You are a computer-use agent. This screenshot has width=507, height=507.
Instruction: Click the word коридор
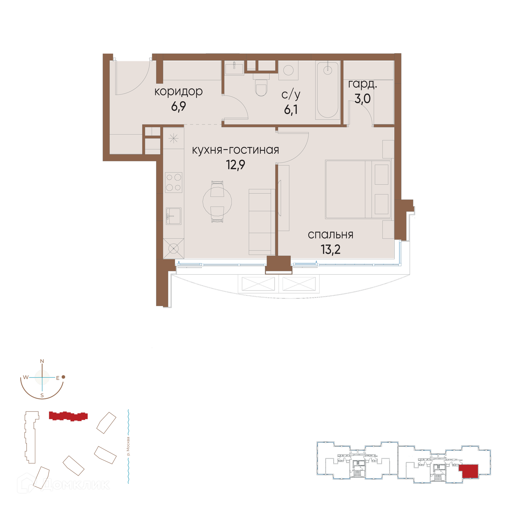click(x=179, y=91)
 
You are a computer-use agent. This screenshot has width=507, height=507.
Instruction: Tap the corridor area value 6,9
click(x=179, y=106)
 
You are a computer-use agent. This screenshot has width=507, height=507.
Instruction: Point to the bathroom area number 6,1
click(x=291, y=109)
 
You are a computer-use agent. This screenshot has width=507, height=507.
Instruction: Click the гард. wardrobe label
click(x=363, y=84)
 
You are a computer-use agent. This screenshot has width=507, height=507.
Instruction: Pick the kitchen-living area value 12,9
click(x=236, y=165)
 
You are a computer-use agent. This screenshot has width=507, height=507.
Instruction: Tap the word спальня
click(x=330, y=234)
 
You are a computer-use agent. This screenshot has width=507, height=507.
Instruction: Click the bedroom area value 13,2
click(x=330, y=249)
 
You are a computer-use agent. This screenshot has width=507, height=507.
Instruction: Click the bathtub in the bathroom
click(x=328, y=90)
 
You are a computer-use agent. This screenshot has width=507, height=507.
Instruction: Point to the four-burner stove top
click(x=173, y=182)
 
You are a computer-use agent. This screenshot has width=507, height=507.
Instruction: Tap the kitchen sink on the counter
click(x=173, y=216)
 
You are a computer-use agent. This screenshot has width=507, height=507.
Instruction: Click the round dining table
click(x=217, y=201)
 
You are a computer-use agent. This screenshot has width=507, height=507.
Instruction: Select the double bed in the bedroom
click(x=358, y=189)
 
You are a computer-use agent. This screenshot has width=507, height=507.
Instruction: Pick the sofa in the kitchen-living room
click(x=262, y=222)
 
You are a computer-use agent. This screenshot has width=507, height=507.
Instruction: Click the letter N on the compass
click(x=42, y=361)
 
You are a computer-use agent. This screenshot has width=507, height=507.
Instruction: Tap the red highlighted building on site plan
click(x=68, y=416)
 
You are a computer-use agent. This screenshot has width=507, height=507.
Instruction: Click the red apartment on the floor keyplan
click(x=468, y=471)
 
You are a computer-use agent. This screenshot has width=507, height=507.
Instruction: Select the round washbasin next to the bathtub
click(x=288, y=70)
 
